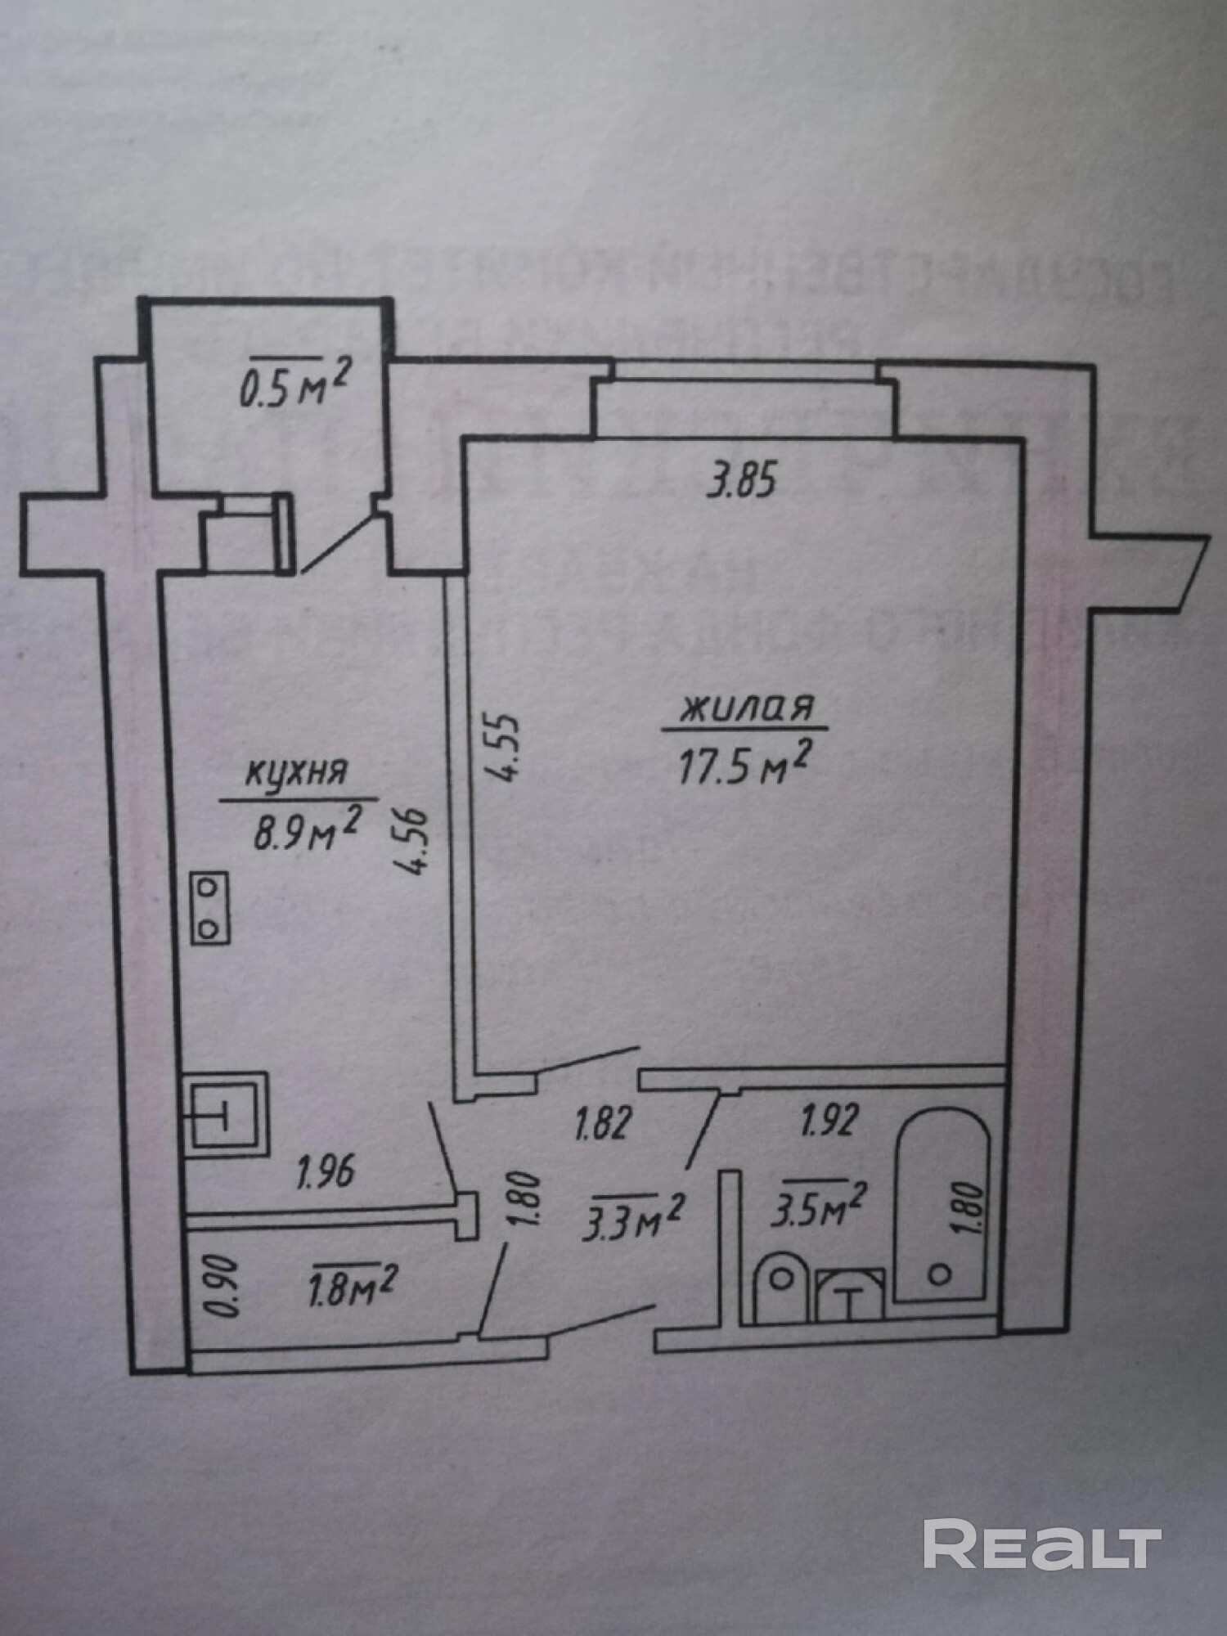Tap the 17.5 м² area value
(744, 766)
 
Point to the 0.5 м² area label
(294, 386)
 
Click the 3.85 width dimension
(739, 482)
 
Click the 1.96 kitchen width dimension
(326, 1172)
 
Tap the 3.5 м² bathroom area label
(818, 1203)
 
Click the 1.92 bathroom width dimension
(829, 1120)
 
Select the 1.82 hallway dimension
(604, 1124)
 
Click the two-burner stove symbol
(210, 907)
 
